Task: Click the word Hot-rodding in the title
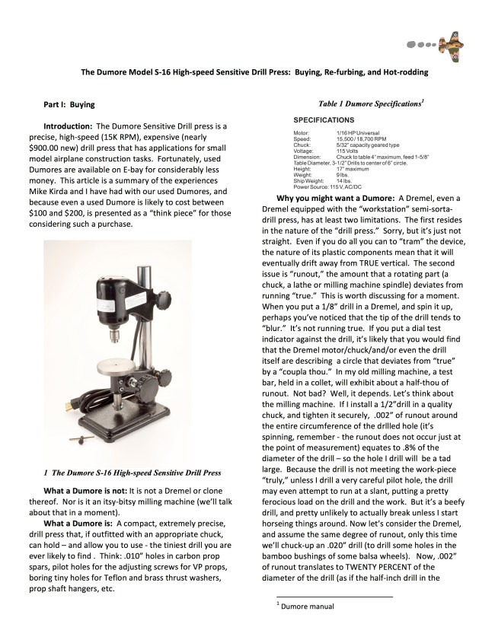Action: (398, 72)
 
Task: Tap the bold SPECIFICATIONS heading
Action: (326, 120)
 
